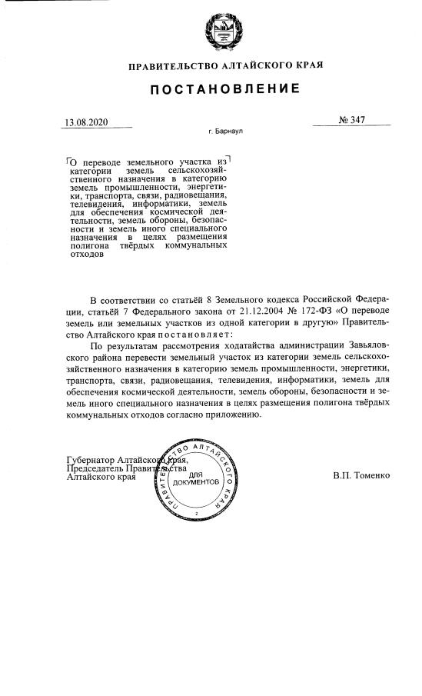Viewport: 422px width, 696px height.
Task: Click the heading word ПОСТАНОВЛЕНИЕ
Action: coord(224,89)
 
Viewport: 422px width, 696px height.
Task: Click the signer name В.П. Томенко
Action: coord(361,476)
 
